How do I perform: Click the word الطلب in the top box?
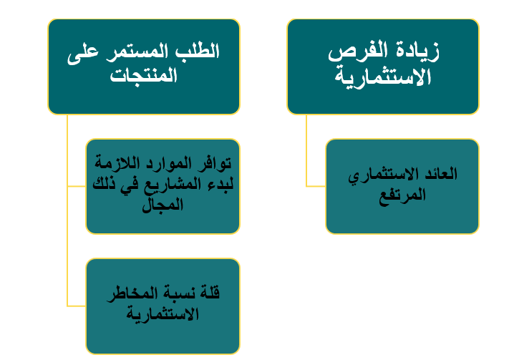pos(198,52)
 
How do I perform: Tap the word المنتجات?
pos(143,77)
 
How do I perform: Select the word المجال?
pos(163,205)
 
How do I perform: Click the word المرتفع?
pos(402,195)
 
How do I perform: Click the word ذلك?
pos(104,184)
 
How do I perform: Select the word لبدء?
pos(220,185)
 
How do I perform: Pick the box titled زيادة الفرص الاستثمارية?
pos(383,67)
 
